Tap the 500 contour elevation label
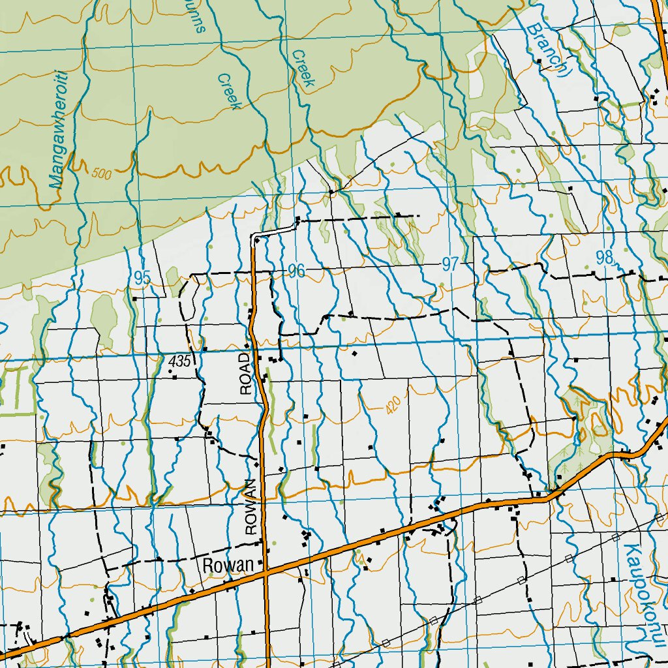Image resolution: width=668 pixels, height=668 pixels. [x=102, y=174]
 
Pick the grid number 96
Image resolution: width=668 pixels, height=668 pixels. [x=296, y=271]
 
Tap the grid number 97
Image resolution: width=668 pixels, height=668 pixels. [x=449, y=264]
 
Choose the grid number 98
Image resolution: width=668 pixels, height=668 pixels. [x=605, y=258]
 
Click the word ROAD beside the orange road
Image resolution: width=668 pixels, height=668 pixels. [x=246, y=374]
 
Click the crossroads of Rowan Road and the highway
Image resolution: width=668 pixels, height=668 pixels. [x=266, y=573]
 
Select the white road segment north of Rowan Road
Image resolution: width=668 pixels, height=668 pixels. [x=274, y=230]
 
